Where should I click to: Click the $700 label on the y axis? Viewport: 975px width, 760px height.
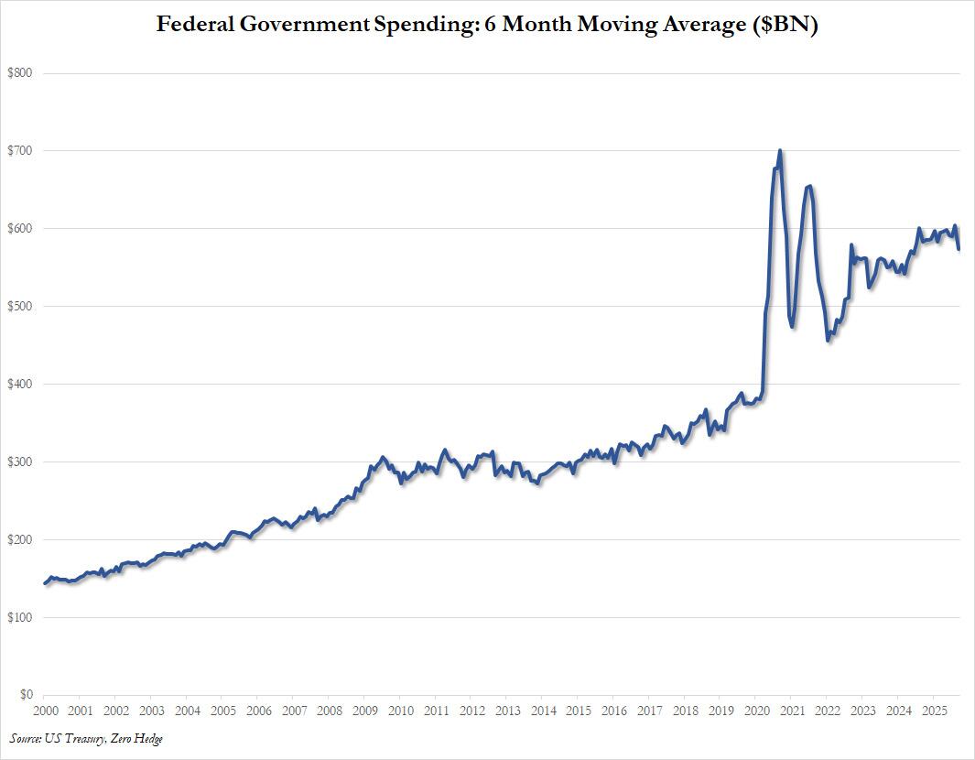(x=21, y=150)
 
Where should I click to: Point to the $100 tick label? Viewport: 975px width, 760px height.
(x=21, y=617)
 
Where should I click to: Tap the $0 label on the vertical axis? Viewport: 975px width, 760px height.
(x=27, y=695)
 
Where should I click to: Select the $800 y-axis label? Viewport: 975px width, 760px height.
(x=21, y=72)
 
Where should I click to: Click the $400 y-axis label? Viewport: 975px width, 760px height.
(x=21, y=384)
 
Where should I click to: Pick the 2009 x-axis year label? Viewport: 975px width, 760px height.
(x=364, y=710)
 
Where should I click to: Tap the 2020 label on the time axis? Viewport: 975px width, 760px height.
(x=756, y=710)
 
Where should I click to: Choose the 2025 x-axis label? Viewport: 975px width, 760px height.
(x=934, y=710)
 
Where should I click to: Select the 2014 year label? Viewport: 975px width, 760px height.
(x=543, y=710)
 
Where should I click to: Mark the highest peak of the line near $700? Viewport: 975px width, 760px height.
(x=779, y=150)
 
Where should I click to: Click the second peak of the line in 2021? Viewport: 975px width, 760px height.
(x=809, y=186)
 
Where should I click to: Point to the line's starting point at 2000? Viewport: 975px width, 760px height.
(x=44, y=583)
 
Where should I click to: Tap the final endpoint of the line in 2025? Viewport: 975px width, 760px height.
(x=959, y=249)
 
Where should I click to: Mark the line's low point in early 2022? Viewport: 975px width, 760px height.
(x=828, y=341)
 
